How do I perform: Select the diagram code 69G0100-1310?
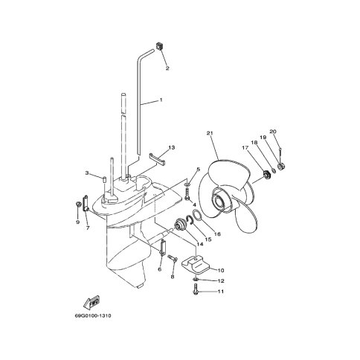tap(93, 316)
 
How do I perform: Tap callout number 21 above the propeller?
tap(210, 133)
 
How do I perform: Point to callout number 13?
tap(172, 147)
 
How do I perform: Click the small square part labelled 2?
tap(159, 46)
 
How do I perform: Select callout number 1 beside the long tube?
tap(161, 100)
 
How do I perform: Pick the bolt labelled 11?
tap(195, 289)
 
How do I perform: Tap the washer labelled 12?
tap(196, 280)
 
